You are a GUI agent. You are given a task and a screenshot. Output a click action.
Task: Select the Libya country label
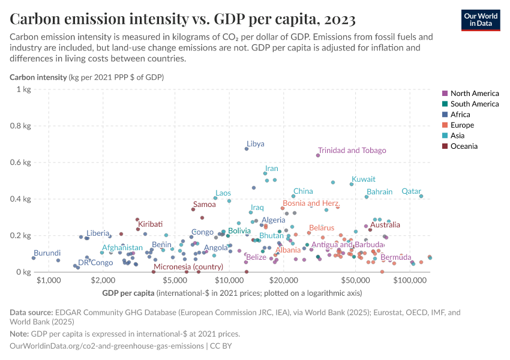tap(256, 144)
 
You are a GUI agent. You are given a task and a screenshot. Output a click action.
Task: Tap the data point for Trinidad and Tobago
tap(318, 155)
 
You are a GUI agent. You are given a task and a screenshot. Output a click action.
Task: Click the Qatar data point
tap(421, 196)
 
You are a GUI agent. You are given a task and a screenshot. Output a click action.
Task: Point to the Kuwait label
tap(363, 179)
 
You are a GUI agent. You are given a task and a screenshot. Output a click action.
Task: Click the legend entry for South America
tap(474, 104)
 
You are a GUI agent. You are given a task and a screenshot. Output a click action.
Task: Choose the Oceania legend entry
tap(464, 146)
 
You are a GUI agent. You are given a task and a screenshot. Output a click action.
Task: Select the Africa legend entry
tap(460, 115)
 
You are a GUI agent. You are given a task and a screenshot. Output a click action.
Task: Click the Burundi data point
tap(34, 258)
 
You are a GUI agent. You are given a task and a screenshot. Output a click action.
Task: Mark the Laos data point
tap(215, 198)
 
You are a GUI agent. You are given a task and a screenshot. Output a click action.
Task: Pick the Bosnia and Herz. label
tap(311, 203)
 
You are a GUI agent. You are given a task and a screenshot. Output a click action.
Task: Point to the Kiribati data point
tap(137, 229)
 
